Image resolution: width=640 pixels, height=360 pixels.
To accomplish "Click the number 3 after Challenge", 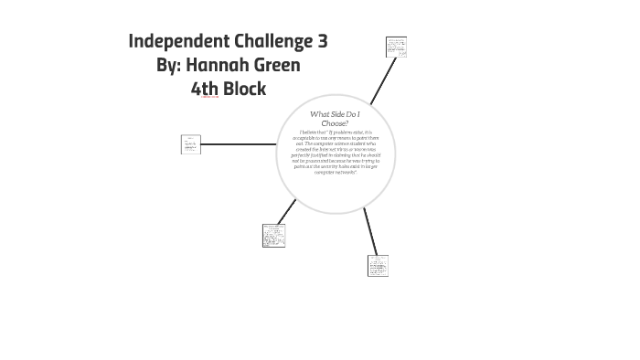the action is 322,41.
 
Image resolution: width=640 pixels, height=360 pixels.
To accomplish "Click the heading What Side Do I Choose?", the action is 335,118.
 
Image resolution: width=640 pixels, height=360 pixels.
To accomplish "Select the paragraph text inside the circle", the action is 335,152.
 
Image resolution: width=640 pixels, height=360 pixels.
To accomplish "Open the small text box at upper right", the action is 396,47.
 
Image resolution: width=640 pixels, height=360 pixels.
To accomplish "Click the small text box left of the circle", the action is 191,144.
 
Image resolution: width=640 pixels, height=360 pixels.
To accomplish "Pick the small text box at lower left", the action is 273,235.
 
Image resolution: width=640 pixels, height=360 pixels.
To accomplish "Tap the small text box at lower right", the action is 379,265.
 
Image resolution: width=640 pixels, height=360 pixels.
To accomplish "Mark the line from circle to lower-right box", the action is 369,231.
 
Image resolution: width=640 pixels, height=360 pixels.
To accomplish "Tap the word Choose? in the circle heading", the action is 335,122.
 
